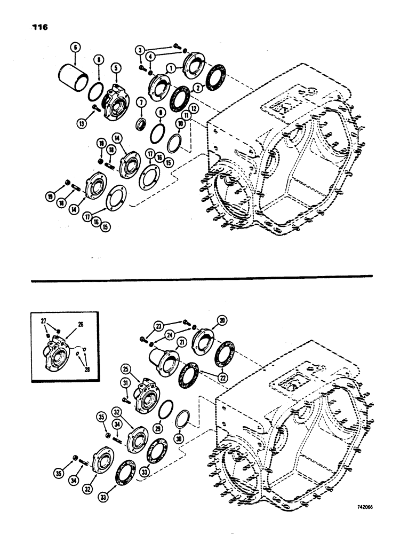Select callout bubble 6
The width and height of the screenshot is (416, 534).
pyautogui.click(x=75, y=48)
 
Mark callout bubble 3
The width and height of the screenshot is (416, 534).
pyautogui.click(x=141, y=49)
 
